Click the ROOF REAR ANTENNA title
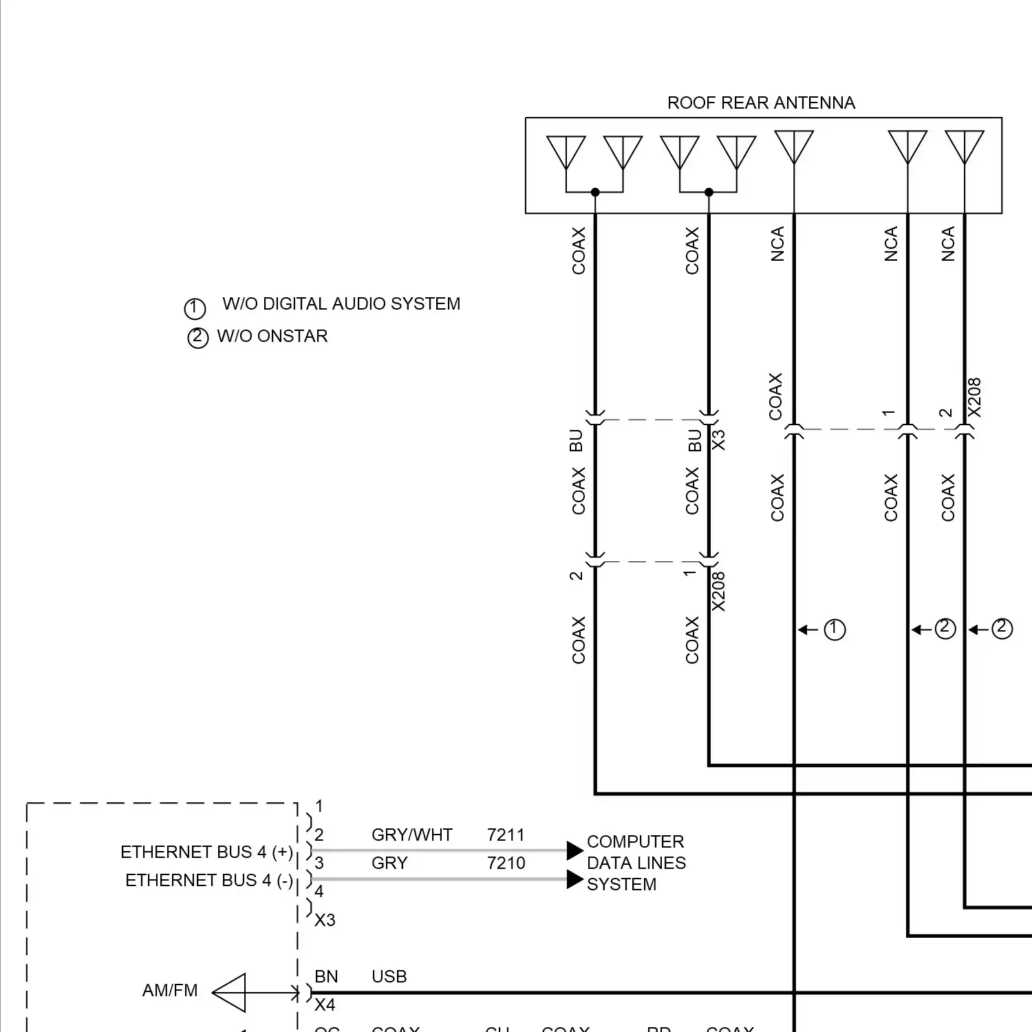(761, 103)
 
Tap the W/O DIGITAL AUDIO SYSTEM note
(341, 304)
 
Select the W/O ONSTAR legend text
(272, 336)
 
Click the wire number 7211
(506, 835)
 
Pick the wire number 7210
(506, 863)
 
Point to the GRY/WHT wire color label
(411, 835)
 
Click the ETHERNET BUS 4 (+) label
(206, 852)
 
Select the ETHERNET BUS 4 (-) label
(208, 881)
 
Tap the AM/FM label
(169, 991)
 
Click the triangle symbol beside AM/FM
(231, 993)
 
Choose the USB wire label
(389, 977)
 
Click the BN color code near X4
(326, 977)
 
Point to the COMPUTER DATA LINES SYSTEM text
(636, 863)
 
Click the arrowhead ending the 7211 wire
(574, 851)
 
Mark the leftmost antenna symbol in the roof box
(566, 152)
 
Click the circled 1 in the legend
(195, 308)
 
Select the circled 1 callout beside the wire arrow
(835, 630)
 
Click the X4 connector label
(325, 1005)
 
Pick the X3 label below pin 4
(325, 921)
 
